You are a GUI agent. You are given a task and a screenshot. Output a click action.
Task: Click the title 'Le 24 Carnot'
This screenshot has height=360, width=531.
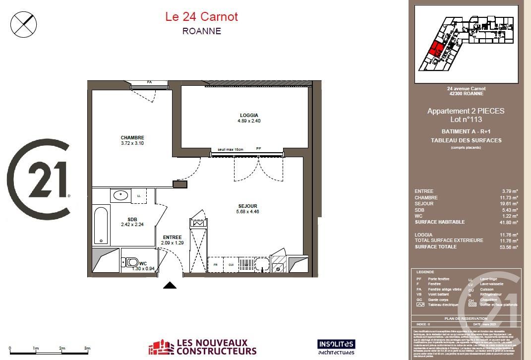tap(201, 17)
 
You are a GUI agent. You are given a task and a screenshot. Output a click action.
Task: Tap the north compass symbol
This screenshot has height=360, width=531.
tap(24, 23)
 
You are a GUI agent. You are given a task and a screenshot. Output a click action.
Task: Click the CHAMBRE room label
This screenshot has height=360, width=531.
tap(132, 138)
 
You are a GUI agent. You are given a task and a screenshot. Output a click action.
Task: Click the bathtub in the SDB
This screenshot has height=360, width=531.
tap(101, 226)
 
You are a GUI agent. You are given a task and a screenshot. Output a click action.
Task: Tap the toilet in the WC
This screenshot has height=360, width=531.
tap(132, 262)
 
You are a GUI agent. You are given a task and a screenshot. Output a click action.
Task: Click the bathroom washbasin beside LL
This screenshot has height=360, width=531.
tap(120, 195)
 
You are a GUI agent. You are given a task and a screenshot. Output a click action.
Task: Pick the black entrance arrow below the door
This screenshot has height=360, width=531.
tap(170, 285)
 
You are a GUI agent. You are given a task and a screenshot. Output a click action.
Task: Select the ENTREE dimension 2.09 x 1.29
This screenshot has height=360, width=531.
tap(172, 243)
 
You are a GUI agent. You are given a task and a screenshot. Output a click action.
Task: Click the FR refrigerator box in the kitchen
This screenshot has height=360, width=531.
tap(216, 265)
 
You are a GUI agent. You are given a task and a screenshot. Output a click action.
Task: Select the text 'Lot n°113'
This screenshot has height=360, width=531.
tap(466, 120)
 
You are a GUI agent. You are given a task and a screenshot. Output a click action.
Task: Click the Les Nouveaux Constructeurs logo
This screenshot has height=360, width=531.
tap(203, 347)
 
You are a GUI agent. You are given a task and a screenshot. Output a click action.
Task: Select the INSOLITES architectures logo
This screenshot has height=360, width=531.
tap(336, 347)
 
